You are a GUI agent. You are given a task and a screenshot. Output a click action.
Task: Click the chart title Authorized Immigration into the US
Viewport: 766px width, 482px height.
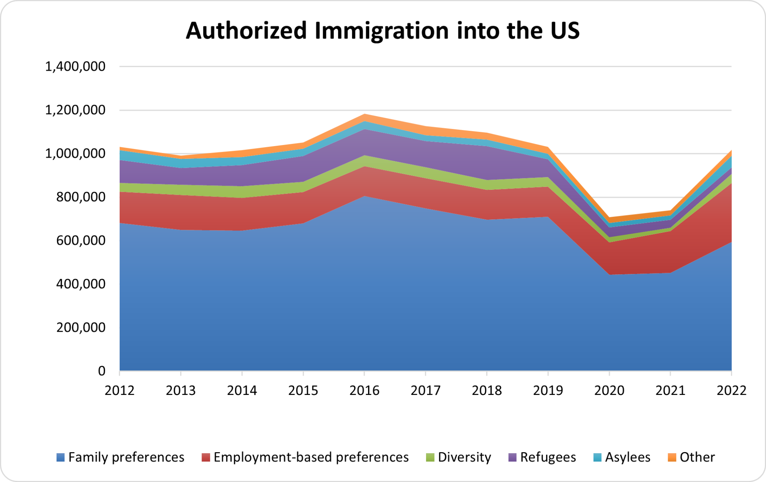(x=382, y=31)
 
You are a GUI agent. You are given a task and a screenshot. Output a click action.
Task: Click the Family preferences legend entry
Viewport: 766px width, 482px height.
(x=120, y=457)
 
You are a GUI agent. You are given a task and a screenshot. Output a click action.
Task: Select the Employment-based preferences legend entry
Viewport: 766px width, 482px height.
(x=305, y=457)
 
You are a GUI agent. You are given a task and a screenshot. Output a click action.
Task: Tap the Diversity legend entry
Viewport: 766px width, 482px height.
(x=459, y=457)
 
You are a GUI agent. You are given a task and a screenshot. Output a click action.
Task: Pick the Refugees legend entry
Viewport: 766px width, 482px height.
(x=543, y=457)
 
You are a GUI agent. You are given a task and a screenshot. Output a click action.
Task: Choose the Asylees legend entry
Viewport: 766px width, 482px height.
(x=622, y=457)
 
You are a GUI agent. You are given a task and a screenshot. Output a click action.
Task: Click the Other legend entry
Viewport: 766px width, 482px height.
(x=692, y=457)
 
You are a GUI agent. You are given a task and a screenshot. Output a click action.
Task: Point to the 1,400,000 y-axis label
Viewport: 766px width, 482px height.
(x=75, y=67)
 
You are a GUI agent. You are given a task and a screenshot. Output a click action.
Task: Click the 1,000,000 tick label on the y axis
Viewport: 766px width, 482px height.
(x=75, y=154)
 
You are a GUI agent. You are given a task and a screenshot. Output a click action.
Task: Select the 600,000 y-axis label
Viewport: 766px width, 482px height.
(x=80, y=240)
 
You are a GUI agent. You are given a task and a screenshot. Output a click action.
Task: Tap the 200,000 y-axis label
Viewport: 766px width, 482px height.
(x=80, y=327)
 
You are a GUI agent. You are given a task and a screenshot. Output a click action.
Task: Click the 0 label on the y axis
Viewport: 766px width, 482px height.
(x=101, y=371)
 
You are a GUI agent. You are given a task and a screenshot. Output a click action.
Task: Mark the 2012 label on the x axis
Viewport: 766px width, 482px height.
(x=120, y=390)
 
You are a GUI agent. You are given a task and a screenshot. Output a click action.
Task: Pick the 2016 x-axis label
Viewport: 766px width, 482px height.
(x=364, y=390)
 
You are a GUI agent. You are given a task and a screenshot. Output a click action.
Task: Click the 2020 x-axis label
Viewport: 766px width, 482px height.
(x=609, y=390)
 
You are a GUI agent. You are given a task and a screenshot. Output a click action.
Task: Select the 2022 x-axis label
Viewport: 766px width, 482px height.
(x=731, y=390)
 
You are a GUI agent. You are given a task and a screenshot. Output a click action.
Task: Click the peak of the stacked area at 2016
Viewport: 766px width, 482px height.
(x=364, y=114)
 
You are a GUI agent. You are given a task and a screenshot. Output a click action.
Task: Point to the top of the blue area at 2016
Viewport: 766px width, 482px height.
(x=364, y=196)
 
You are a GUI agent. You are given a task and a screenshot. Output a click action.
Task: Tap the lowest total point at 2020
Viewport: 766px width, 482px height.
(x=609, y=217)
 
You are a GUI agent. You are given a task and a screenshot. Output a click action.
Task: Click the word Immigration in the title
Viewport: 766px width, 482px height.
(x=382, y=31)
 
